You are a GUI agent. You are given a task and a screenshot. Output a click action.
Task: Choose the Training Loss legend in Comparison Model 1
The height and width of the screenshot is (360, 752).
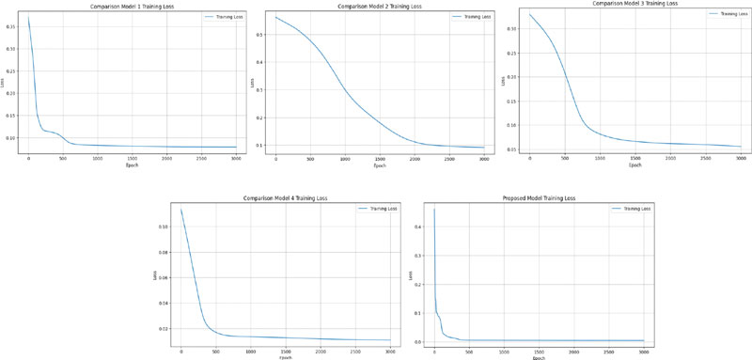coord(223,18)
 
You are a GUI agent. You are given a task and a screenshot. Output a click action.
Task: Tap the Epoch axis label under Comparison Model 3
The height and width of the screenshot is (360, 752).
coord(635,164)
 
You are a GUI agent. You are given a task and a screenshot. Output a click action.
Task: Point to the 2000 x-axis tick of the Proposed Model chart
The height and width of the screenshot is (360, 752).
coord(573,352)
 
